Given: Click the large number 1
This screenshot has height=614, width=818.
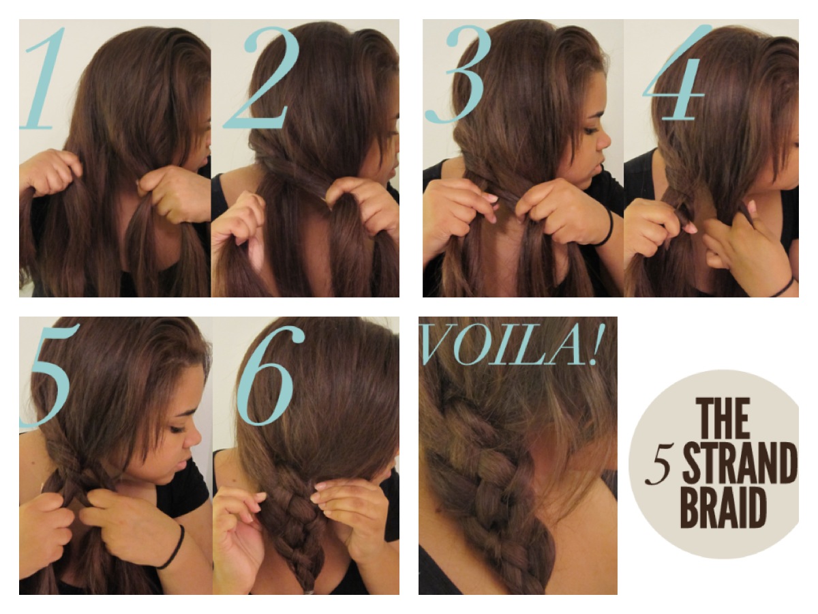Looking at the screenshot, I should click(44, 81).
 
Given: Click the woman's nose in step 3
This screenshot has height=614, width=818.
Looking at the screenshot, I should click(604, 140).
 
